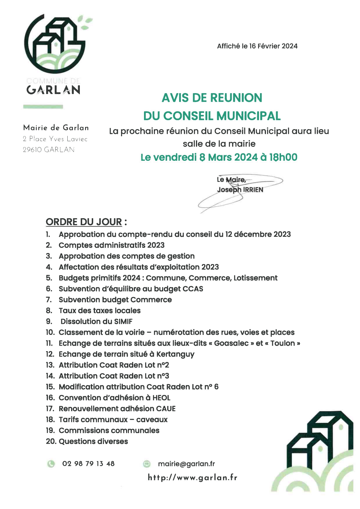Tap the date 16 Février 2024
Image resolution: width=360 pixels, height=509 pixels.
pyautogui.click(x=273, y=46)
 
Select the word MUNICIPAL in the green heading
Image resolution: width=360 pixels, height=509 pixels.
pyautogui.click(x=249, y=116)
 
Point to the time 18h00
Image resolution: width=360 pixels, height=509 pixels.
pyautogui.click(x=283, y=157)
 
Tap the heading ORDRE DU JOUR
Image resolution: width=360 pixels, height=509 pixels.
pyautogui.click(x=84, y=222)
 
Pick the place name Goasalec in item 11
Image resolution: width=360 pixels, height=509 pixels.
pyautogui.click(x=231, y=343)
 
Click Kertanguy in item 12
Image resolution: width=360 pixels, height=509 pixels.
pyautogui.click(x=175, y=354)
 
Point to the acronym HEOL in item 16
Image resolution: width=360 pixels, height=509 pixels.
pyautogui.click(x=161, y=398)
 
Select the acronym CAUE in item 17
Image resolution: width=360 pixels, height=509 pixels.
pyautogui.click(x=166, y=409)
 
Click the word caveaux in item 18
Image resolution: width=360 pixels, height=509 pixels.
pyautogui.click(x=152, y=420)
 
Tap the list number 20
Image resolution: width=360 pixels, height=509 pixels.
pyautogui.click(x=51, y=441)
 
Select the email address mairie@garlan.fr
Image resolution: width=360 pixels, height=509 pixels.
pyautogui.click(x=186, y=464)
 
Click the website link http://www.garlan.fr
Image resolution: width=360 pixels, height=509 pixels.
pyautogui.click(x=192, y=478)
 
